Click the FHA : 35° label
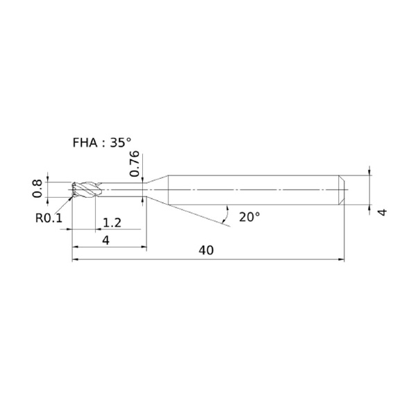[x=102, y=143]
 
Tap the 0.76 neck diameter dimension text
[x=135, y=164]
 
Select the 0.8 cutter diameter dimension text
[x=37, y=189]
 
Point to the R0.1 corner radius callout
[x=49, y=218]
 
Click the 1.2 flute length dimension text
[x=112, y=223]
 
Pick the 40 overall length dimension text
[x=206, y=250]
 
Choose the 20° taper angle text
[x=250, y=217]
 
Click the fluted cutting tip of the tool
[x=85, y=190]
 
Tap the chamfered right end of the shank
[x=342, y=190]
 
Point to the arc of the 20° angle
[x=227, y=214]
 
